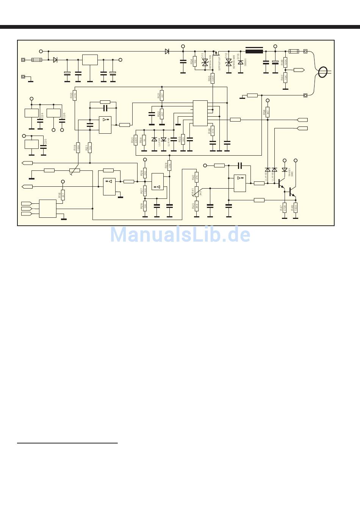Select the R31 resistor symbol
(162, 95)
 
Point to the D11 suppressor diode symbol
(205, 62)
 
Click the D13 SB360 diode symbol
(241, 62)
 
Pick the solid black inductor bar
(254, 51)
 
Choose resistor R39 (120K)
(285, 62)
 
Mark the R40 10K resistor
(285, 77)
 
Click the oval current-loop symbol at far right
(323, 72)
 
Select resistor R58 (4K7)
(268, 112)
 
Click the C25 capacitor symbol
(42, 148)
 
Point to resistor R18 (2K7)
(63, 195)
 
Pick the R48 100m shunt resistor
(296, 207)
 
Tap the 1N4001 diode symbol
(285, 169)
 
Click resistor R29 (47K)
(169, 166)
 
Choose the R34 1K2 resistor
(195, 62)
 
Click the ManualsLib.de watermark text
(180, 234)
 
